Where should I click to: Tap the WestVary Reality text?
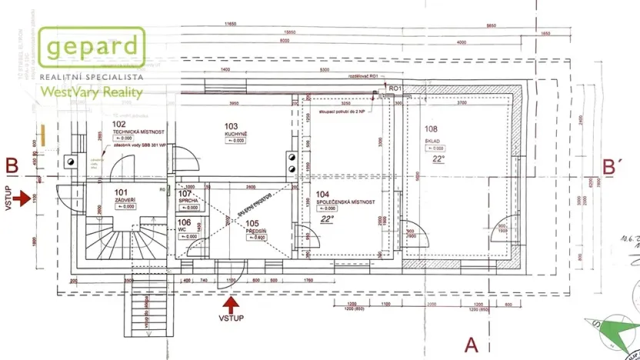pos(92,92)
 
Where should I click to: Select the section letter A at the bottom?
pos(471,343)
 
